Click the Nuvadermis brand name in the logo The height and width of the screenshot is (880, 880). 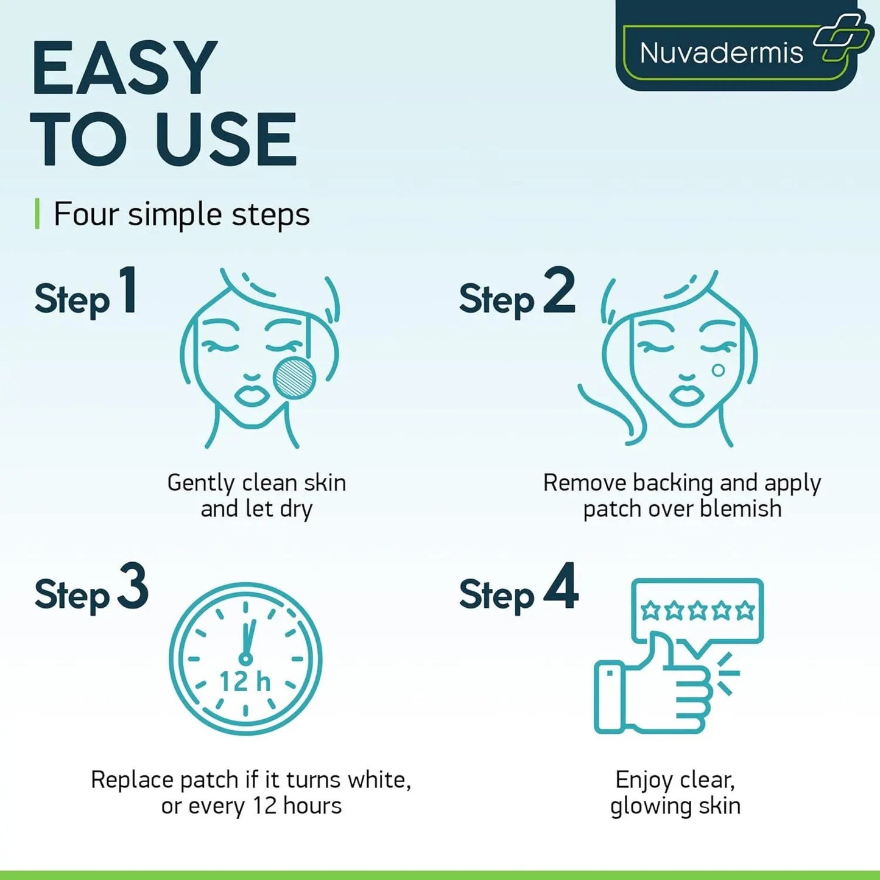click(x=721, y=53)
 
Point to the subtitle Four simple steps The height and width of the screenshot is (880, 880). click(x=181, y=214)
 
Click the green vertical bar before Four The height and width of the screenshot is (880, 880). click(x=37, y=214)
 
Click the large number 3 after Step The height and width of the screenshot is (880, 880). click(x=133, y=586)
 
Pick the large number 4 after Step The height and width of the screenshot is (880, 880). click(x=560, y=586)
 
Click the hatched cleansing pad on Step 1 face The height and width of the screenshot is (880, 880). click(x=295, y=378)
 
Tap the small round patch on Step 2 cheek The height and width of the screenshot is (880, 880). click(x=718, y=370)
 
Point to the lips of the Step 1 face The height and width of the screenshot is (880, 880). click(x=252, y=394)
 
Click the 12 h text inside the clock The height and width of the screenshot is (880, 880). click(x=245, y=682)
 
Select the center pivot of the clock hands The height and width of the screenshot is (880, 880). click(x=245, y=658)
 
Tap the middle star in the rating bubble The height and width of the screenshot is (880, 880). click(x=697, y=610)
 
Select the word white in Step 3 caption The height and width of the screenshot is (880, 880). click(x=378, y=780)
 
